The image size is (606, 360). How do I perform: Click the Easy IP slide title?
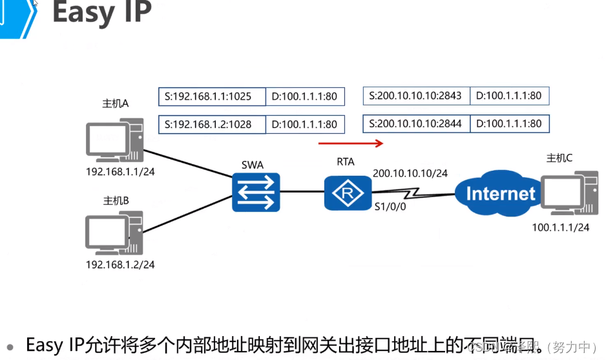tap(101, 14)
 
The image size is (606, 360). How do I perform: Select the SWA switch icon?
tap(256, 192)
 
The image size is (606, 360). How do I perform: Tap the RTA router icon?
tap(348, 192)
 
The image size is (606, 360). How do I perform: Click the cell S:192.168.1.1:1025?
tap(212, 97)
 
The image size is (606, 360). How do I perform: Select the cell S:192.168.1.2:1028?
tap(212, 124)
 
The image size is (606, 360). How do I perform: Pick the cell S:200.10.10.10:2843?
tap(416, 96)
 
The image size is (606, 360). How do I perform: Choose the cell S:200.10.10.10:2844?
tap(416, 123)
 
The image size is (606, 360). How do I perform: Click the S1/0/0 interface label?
tap(390, 207)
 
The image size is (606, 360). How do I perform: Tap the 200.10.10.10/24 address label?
tap(410, 173)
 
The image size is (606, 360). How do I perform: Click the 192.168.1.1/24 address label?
tap(120, 172)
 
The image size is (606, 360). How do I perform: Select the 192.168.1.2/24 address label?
tap(120, 264)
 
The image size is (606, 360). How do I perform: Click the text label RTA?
tap(346, 162)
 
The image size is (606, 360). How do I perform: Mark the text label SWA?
tap(253, 165)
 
